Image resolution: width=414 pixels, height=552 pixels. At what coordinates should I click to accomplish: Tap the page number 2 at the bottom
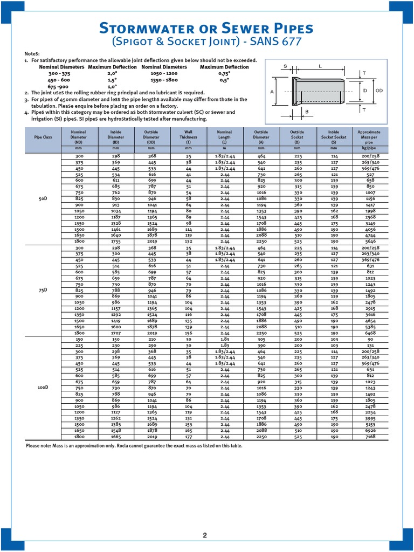tap(205, 535)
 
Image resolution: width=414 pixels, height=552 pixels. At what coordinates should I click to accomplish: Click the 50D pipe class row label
tap(44, 199)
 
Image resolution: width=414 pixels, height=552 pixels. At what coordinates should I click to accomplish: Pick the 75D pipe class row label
tap(44, 289)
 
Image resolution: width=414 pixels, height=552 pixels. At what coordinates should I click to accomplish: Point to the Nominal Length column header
tap(224, 134)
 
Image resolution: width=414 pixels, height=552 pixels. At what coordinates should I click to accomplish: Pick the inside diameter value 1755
tap(116, 242)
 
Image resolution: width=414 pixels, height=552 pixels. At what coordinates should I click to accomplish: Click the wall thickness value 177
tap(189, 437)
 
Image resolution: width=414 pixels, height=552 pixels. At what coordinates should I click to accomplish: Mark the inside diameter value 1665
tap(116, 437)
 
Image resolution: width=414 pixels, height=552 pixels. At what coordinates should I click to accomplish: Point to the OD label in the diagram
tap(379, 91)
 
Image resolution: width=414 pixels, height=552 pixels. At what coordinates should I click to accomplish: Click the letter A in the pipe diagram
tap(273, 92)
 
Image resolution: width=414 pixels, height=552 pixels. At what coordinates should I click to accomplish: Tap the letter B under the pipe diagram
tap(307, 112)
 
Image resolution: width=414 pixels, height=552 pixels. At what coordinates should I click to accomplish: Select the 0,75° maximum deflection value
tap(224, 73)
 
